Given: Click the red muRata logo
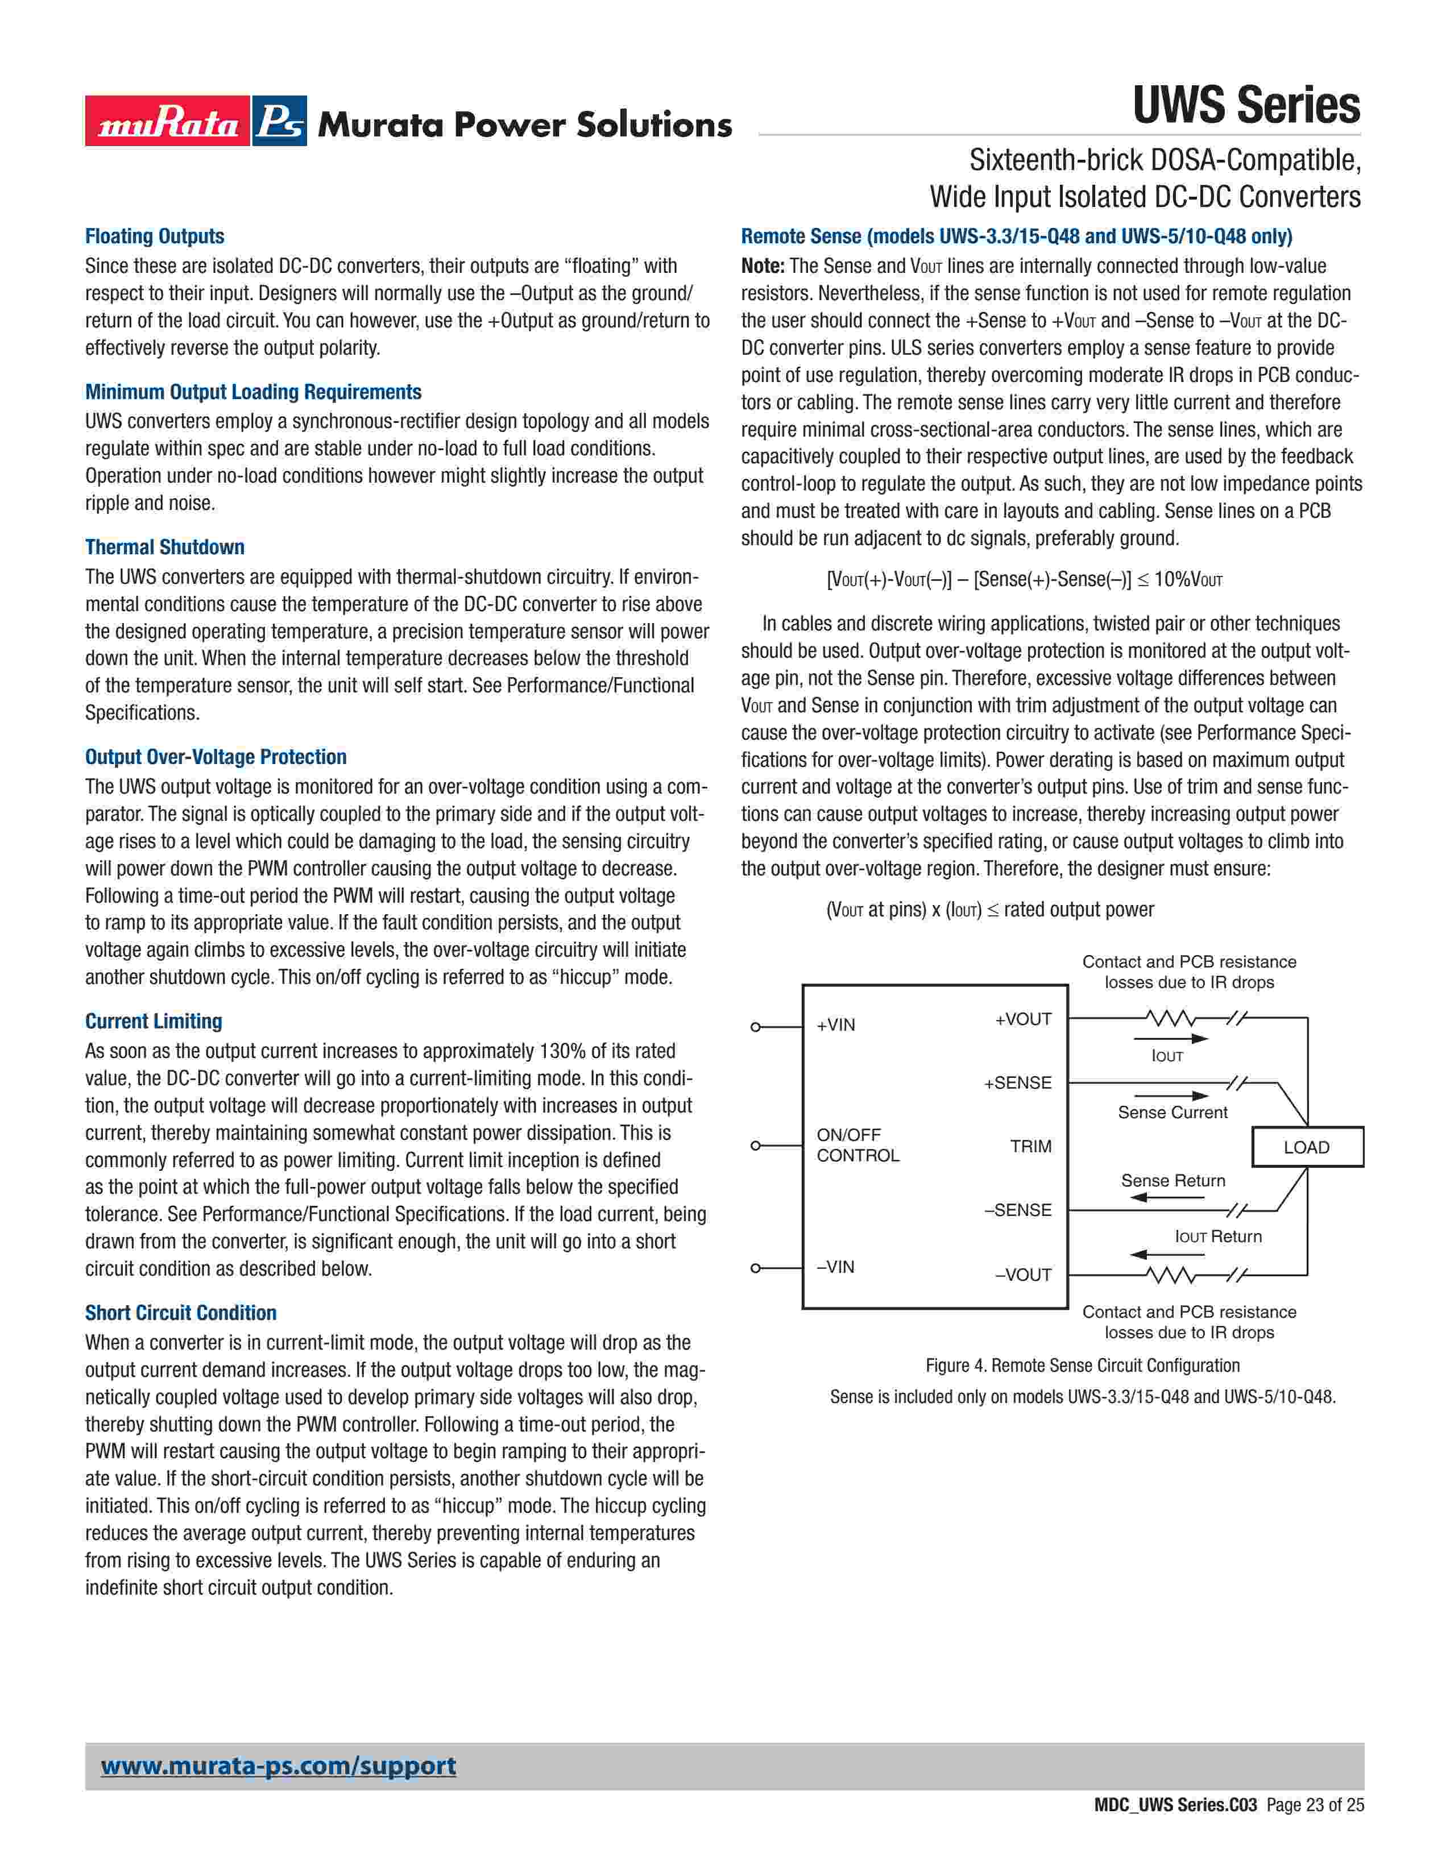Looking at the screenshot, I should [x=168, y=121].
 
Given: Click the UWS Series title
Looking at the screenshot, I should [x=1245, y=106].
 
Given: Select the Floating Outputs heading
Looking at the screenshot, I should [x=155, y=236].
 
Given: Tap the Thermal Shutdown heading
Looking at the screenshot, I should [x=165, y=547].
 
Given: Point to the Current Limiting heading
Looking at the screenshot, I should [x=154, y=1022].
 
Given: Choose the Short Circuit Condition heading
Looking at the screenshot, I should [x=180, y=1313].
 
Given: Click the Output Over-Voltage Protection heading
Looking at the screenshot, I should [x=216, y=757].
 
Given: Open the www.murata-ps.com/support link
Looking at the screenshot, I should [x=278, y=1766].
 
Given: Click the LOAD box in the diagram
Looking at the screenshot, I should [x=1307, y=1148].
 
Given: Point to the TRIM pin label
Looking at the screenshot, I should [x=1031, y=1147].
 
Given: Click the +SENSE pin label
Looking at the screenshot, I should [x=1018, y=1083].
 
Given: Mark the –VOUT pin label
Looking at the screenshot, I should [x=1023, y=1275].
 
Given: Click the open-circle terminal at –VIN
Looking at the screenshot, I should [x=756, y=1268].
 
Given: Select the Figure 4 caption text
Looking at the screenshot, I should [x=1082, y=1366].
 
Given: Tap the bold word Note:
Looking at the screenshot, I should [x=763, y=266].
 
